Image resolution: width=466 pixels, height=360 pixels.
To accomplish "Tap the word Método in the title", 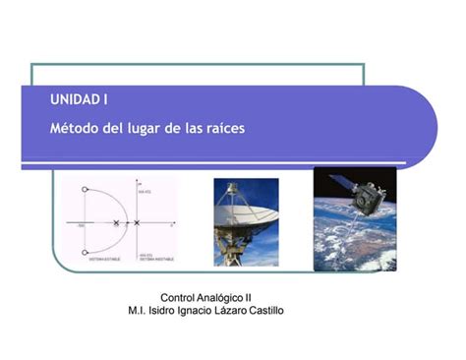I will pos(72,128).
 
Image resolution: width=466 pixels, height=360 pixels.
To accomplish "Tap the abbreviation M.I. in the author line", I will pos(139,311).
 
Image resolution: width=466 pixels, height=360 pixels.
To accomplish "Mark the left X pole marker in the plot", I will pos(117,223).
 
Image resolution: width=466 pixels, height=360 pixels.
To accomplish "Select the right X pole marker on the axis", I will pos(137,223).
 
